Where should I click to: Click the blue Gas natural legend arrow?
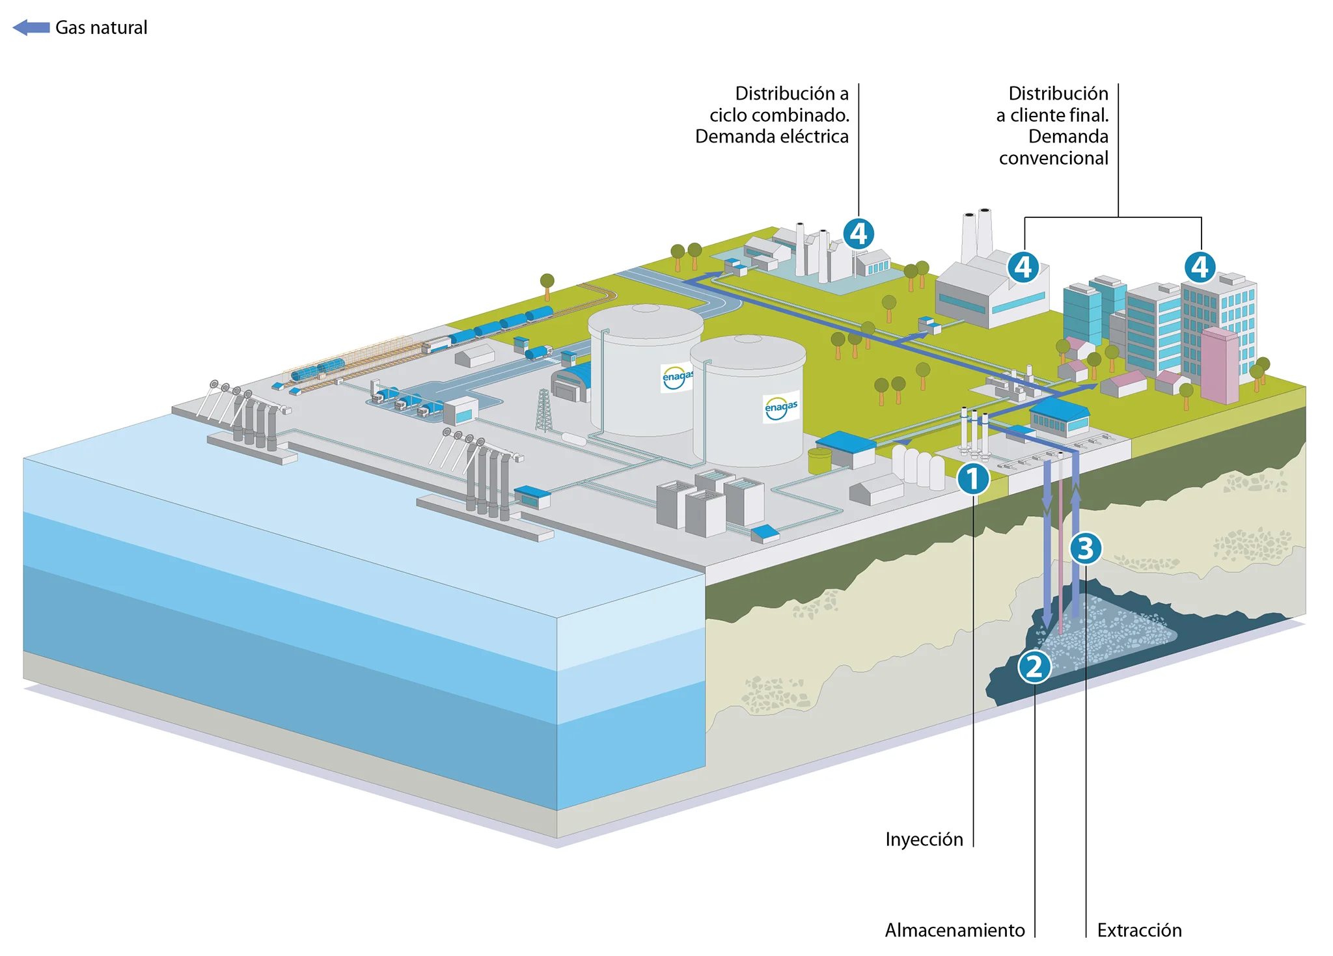[31, 27]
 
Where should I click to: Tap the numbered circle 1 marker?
[973, 479]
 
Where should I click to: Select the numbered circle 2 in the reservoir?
[1034, 667]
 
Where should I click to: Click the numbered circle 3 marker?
[1085, 549]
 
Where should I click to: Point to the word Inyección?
[924, 840]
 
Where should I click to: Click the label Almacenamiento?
[954, 931]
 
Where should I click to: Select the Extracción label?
[1139, 931]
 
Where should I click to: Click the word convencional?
[1053, 158]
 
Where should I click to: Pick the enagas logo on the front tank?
[781, 407]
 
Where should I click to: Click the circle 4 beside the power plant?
[859, 234]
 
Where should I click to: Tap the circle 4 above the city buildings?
[1200, 267]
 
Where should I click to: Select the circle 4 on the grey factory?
[1023, 267]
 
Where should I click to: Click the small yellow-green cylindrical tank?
[819, 460]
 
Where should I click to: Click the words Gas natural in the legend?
[101, 27]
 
